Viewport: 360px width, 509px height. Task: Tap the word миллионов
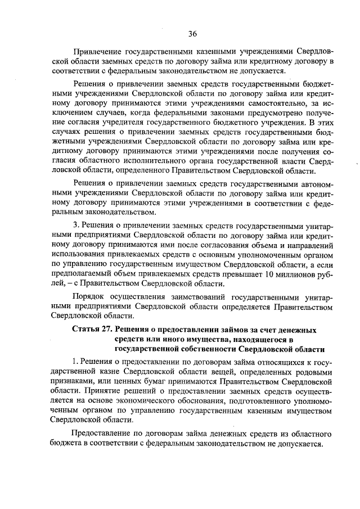[295, 276]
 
